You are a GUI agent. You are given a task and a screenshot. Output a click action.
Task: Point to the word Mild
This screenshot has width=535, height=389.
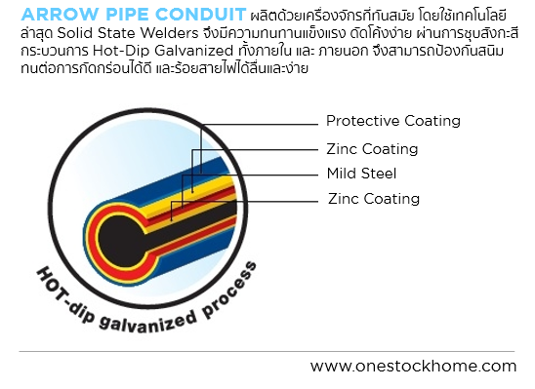341,174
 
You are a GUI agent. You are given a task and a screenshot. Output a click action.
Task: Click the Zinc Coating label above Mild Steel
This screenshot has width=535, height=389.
372,149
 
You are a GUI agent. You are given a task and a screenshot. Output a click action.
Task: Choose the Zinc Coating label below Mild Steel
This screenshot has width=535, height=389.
374,199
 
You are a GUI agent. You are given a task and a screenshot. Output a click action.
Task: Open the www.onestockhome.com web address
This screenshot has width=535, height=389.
413,367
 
